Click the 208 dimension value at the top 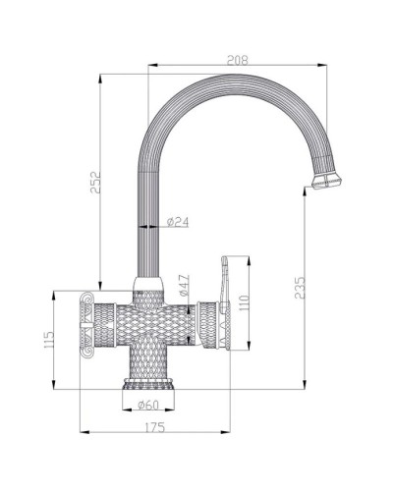pyautogui.click(x=238, y=60)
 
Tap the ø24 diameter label pyautogui.click(x=179, y=222)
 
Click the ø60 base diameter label pyautogui.click(x=149, y=406)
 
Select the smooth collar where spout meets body pyautogui.click(x=147, y=289)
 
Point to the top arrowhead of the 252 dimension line pyautogui.click(x=101, y=76)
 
